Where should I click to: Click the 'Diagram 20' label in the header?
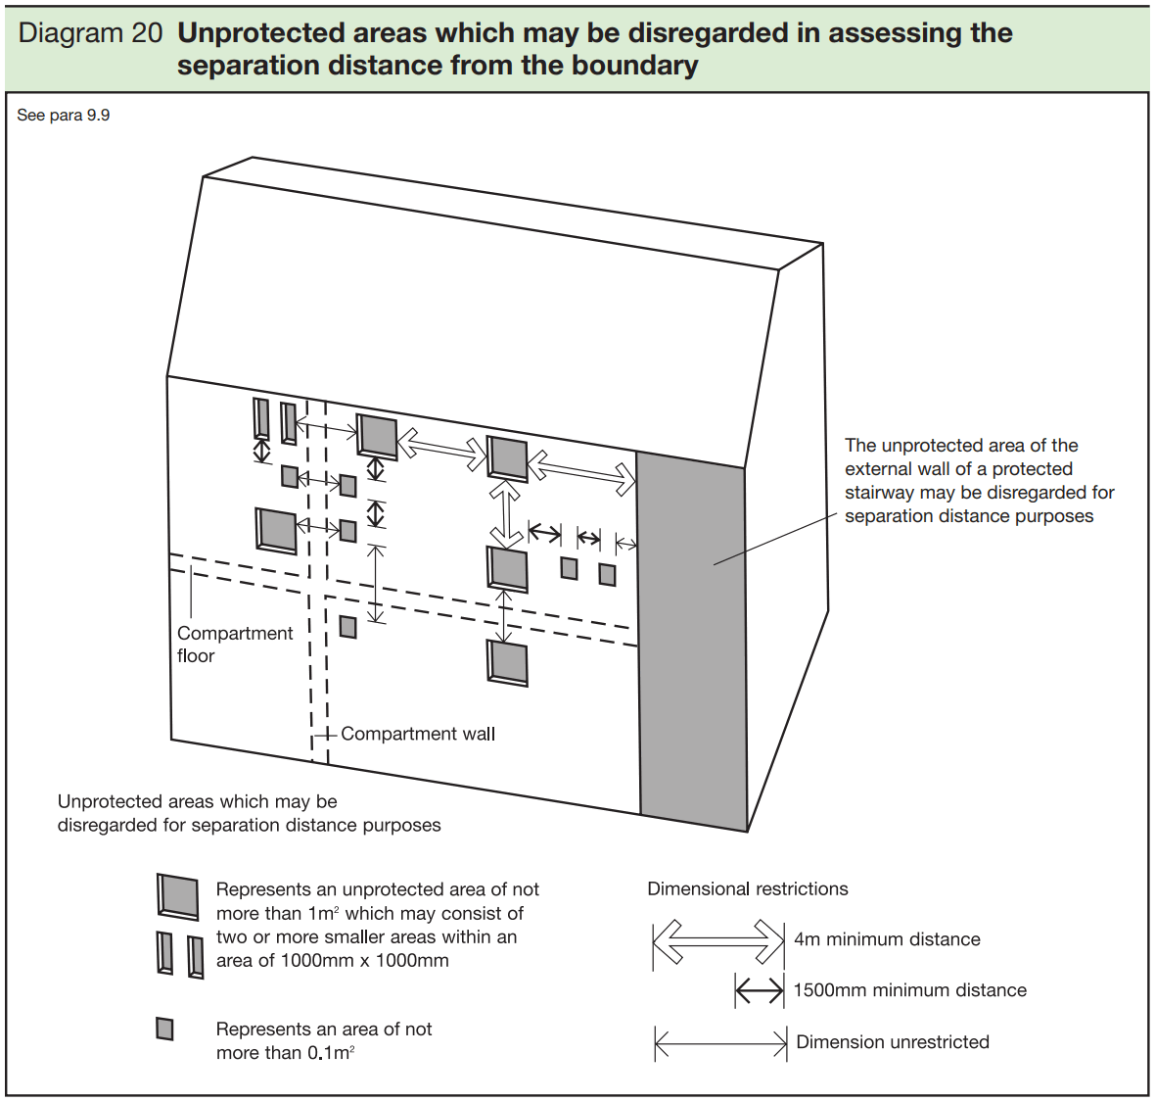click(x=90, y=33)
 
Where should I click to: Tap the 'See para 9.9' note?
click(x=64, y=116)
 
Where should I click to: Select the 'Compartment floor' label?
click(x=234, y=645)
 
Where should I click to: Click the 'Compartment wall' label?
click(x=418, y=734)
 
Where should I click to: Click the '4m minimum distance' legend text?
click(x=887, y=939)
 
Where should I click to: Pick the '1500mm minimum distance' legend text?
click(x=909, y=990)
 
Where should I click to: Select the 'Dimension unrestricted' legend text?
click(x=893, y=1042)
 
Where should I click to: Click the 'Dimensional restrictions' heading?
click(x=748, y=889)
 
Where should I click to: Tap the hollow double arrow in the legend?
click(x=718, y=942)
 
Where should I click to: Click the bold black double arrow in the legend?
click(x=760, y=991)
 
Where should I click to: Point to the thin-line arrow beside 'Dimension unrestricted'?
click(x=720, y=1043)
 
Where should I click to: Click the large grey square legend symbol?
click(x=178, y=896)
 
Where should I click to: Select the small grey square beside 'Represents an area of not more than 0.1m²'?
click(x=165, y=1030)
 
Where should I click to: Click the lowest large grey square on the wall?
click(x=508, y=663)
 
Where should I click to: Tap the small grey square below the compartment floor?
click(x=347, y=626)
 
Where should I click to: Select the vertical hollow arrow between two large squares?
click(x=505, y=513)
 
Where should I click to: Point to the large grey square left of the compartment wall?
click(x=276, y=530)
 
